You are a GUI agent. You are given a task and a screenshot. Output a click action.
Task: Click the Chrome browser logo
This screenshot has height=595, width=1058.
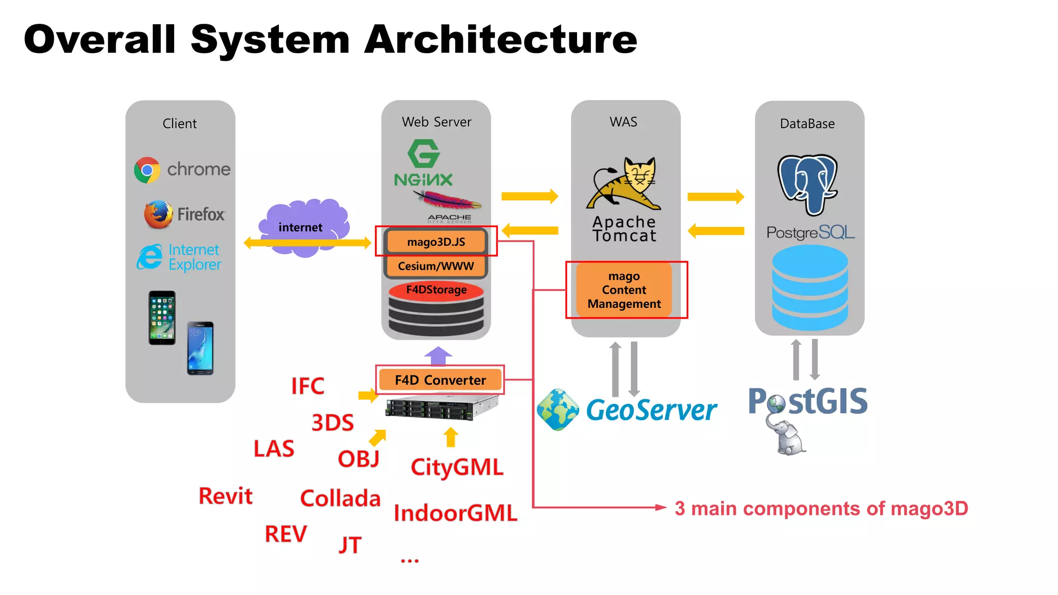pyautogui.click(x=147, y=170)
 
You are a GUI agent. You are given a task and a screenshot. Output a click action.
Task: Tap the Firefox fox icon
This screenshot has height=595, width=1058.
pyautogui.click(x=158, y=214)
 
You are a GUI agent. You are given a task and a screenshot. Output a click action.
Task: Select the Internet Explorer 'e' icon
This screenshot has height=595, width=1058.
pyautogui.click(x=150, y=257)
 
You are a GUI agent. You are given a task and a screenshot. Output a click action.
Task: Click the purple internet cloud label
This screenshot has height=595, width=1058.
pyautogui.click(x=301, y=227)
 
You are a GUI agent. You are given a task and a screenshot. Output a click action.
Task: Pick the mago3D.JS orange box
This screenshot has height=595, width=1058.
pyautogui.click(x=436, y=242)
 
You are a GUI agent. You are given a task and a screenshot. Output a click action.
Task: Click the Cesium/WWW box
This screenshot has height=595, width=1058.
pyautogui.click(x=436, y=266)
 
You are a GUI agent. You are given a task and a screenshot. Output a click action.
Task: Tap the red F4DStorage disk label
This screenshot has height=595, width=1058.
pyautogui.click(x=436, y=290)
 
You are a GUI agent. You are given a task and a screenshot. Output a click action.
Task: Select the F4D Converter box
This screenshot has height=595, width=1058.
pyautogui.click(x=440, y=380)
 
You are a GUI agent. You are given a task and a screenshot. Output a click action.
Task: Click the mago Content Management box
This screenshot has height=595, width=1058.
pyautogui.click(x=624, y=290)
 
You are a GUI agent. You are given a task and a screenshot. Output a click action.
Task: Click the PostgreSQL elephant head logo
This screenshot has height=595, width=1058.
pyautogui.click(x=807, y=184)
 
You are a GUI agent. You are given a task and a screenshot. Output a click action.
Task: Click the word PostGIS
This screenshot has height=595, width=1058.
pyautogui.click(x=808, y=401)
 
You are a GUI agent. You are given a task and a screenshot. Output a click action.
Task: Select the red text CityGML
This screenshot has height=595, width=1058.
pyautogui.click(x=457, y=467)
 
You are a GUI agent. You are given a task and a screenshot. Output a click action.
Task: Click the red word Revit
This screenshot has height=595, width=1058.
pyautogui.click(x=226, y=496)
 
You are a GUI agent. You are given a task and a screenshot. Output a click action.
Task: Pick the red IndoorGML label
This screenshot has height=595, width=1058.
pyautogui.click(x=455, y=513)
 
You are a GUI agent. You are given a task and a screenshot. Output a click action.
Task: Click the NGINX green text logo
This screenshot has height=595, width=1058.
pyautogui.click(x=423, y=180)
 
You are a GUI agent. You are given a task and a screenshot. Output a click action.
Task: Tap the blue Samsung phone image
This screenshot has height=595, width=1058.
pyautogui.click(x=200, y=348)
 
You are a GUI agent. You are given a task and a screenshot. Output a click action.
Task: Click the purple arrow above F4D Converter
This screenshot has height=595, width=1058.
pyautogui.click(x=438, y=355)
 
